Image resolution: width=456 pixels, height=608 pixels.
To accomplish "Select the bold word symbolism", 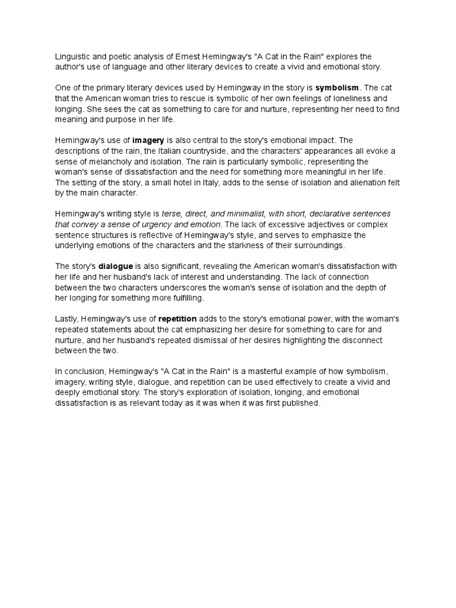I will (337, 88).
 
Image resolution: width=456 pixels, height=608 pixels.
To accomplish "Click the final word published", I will (299, 404).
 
